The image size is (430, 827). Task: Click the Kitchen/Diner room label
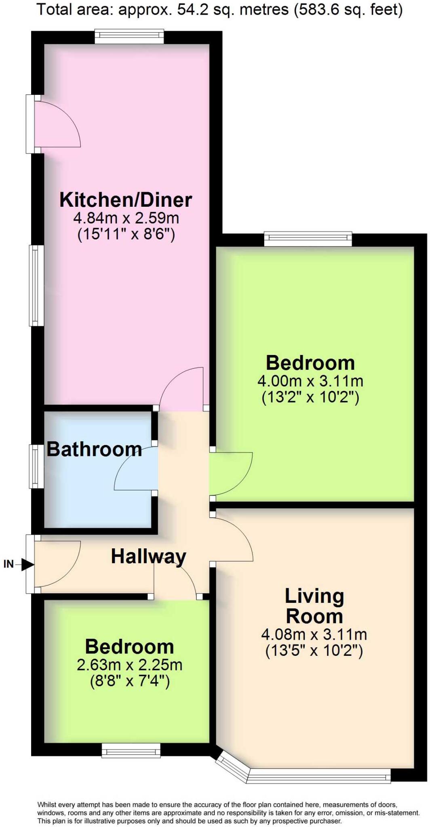point(126,200)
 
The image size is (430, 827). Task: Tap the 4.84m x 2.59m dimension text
point(126,218)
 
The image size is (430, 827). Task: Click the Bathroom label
point(94,449)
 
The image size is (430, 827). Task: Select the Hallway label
point(148,556)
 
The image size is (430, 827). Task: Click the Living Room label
point(314,606)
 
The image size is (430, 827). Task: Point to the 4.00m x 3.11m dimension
point(310,381)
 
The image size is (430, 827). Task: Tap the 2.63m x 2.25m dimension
point(129,665)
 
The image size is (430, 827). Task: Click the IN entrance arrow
point(27,565)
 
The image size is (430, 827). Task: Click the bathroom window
point(36,466)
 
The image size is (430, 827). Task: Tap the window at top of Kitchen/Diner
point(129,37)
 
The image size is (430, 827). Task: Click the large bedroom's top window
point(308,239)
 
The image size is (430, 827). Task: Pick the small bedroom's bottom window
point(131,751)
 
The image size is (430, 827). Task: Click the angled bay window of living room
point(232,768)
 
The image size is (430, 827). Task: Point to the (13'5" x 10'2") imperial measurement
point(314,651)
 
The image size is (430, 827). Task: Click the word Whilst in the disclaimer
point(47,804)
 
